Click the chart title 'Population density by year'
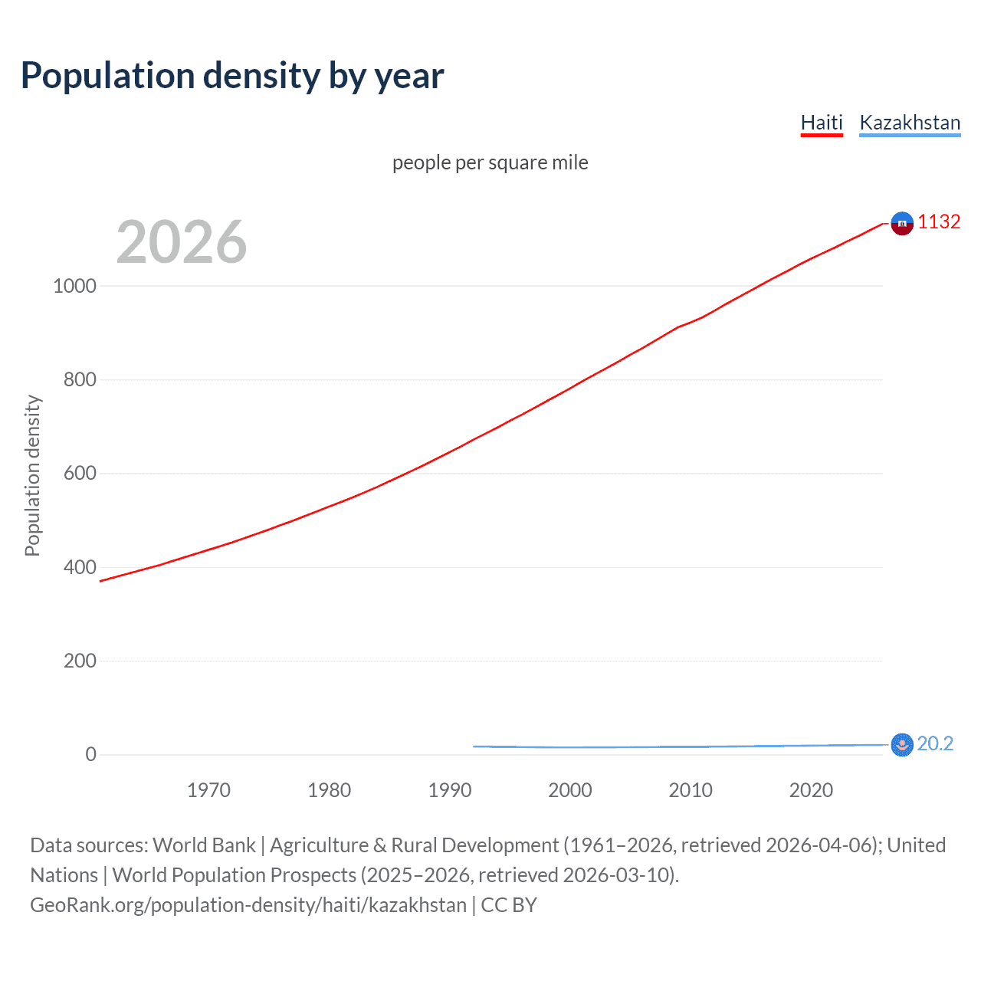(232, 76)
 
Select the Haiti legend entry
(822, 123)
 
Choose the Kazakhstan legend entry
(910, 123)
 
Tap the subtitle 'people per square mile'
(490, 162)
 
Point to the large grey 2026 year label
(182, 242)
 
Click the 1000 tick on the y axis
(74, 286)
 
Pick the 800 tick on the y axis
(80, 379)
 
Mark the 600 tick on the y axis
(80, 474)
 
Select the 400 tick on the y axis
(80, 567)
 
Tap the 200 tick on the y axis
(80, 661)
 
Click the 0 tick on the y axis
(91, 755)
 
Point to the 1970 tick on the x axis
(208, 790)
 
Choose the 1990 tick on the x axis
(450, 790)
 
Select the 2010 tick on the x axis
(691, 790)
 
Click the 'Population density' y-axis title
(32, 475)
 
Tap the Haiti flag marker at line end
(902, 223)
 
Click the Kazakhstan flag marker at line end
(902, 744)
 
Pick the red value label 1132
(939, 221)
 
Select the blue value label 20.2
(935, 743)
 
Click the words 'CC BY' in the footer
(509, 905)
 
